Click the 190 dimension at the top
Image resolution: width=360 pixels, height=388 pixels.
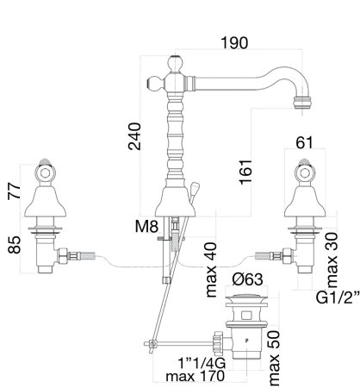coord(234,43)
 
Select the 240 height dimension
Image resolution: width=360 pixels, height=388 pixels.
coord(134,136)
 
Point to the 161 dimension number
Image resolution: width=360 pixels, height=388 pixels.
coord(245,172)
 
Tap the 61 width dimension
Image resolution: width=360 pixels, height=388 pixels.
coord(304,142)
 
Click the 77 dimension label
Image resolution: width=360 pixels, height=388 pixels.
coord(14,190)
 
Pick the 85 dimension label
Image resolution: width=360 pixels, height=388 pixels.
coord(14,245)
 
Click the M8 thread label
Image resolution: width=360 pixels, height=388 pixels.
coord(146,227)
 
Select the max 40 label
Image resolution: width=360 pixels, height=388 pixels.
coord(211,270)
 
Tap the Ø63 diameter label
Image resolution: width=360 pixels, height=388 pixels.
coord(247,279)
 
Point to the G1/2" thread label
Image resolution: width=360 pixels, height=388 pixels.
coord(338,297)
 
